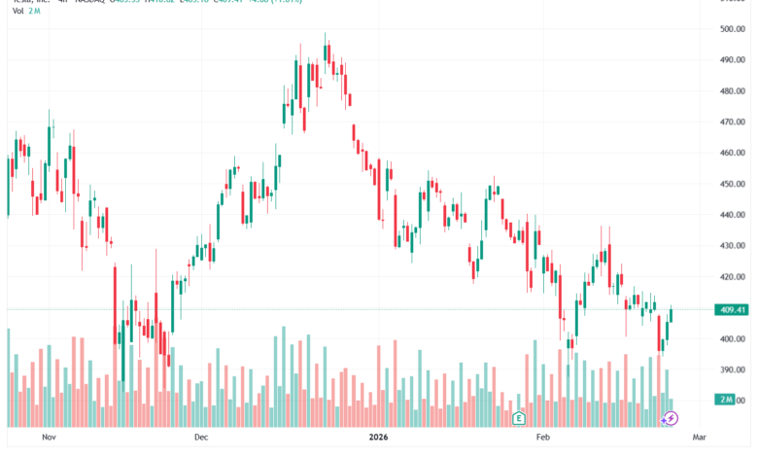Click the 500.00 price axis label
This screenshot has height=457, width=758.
point(732,29)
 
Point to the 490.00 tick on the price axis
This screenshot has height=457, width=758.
point(732,60)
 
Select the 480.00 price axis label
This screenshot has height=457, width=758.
point(732,91)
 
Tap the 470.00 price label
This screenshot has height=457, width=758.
point(732,123)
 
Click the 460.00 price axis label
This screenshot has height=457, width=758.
point(732,153)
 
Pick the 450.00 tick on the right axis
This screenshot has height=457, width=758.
point(732,184)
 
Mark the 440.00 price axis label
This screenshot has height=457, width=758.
point(732,215)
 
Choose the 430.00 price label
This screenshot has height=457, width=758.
point(732,246)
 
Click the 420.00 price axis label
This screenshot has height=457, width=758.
point(732,277)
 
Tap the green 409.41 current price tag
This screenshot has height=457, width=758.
point(731,310)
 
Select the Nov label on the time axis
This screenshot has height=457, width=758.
point(51,438)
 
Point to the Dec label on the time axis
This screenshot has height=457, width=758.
point(201,438)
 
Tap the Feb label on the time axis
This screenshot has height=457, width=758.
point(542,438)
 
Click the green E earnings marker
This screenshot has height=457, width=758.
point(519,418)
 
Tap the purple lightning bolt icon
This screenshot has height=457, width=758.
point(670,418)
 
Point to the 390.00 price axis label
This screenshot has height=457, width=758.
point(732,369)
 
